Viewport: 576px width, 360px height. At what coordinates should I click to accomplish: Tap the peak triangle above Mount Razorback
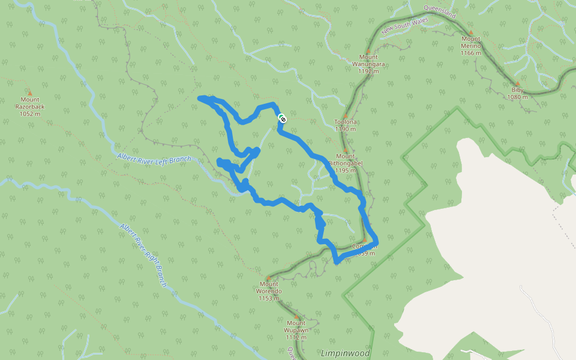29,94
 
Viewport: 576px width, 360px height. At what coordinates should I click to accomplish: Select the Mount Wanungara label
368,64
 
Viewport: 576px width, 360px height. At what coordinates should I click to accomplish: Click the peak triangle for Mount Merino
471,32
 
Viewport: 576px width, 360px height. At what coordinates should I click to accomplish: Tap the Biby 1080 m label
517,94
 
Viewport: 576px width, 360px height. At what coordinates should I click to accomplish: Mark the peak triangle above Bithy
517,84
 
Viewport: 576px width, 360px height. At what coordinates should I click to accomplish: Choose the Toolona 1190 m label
346,125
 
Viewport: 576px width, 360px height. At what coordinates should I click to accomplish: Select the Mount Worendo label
269,291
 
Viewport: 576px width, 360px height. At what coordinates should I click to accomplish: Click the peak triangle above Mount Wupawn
296,317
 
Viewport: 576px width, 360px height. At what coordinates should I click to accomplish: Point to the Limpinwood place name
345,353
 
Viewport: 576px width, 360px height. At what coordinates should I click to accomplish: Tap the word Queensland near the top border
440,11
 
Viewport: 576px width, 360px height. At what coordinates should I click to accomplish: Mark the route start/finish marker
281,119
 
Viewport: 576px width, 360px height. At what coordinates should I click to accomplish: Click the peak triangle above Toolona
346,115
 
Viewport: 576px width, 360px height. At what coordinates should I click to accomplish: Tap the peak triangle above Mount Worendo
268,278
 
